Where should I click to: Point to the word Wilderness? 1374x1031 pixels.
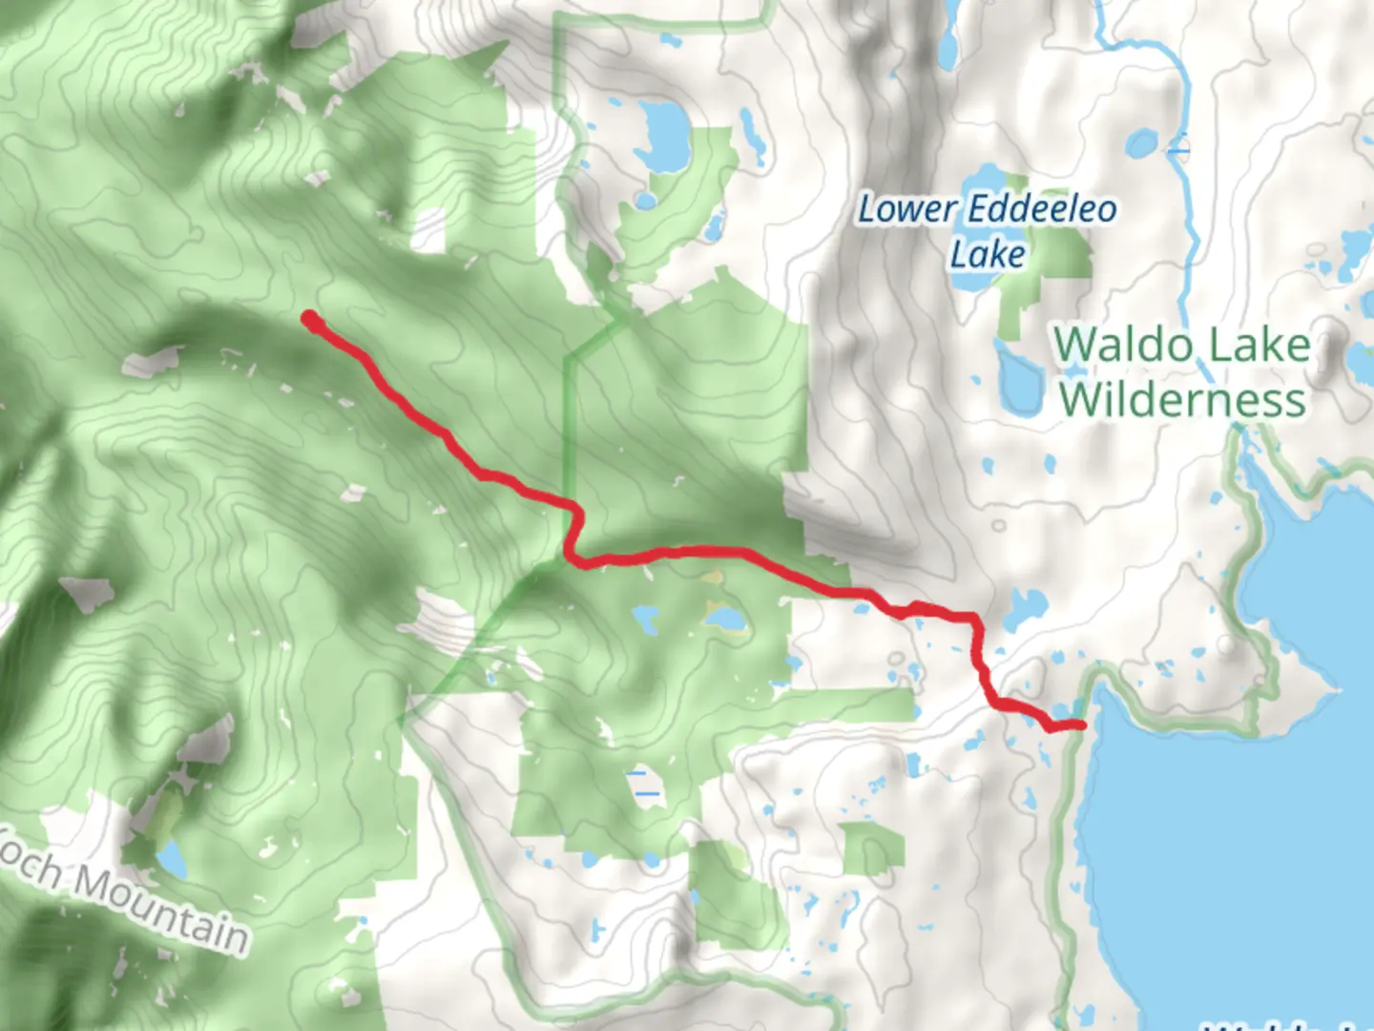coord(1182,400)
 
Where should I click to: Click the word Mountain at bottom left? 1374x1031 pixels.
coord(162,908)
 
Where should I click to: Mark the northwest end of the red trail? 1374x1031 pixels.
coord(309,320)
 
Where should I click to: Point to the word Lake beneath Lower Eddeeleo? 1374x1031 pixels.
coord(988,255)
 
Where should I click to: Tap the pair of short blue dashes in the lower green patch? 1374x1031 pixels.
coord(647,783)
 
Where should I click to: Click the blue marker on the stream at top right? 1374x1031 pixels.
coord(1178,149)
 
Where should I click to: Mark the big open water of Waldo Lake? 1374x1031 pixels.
coord(1240,859)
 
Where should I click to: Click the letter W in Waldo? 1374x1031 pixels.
coord(1075,345)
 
